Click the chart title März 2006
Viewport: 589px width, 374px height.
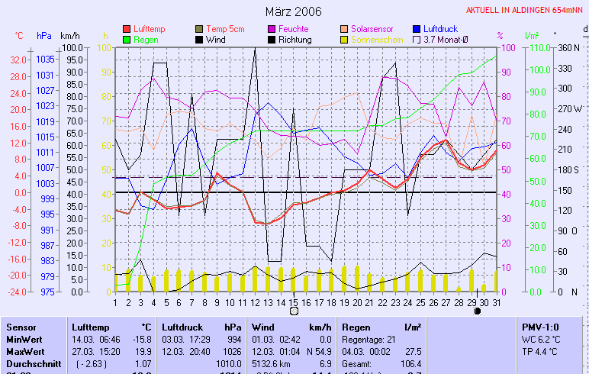(293, 11)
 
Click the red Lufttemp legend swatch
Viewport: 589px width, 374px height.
(127, 28)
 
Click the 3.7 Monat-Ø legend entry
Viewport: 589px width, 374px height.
(451, 39)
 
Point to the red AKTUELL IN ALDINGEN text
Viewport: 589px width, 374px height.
(526, 11)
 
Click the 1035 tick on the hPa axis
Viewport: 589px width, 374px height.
(45, 59)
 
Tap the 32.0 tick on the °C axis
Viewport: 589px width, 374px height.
(19, 59)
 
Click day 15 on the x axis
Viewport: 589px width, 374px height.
(294, 301)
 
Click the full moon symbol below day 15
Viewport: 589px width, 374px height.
(294, 311)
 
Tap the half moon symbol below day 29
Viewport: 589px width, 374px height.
(477, 311)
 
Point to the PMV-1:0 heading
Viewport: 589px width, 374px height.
(539, 327)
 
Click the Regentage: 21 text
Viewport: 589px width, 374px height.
(371, 339)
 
